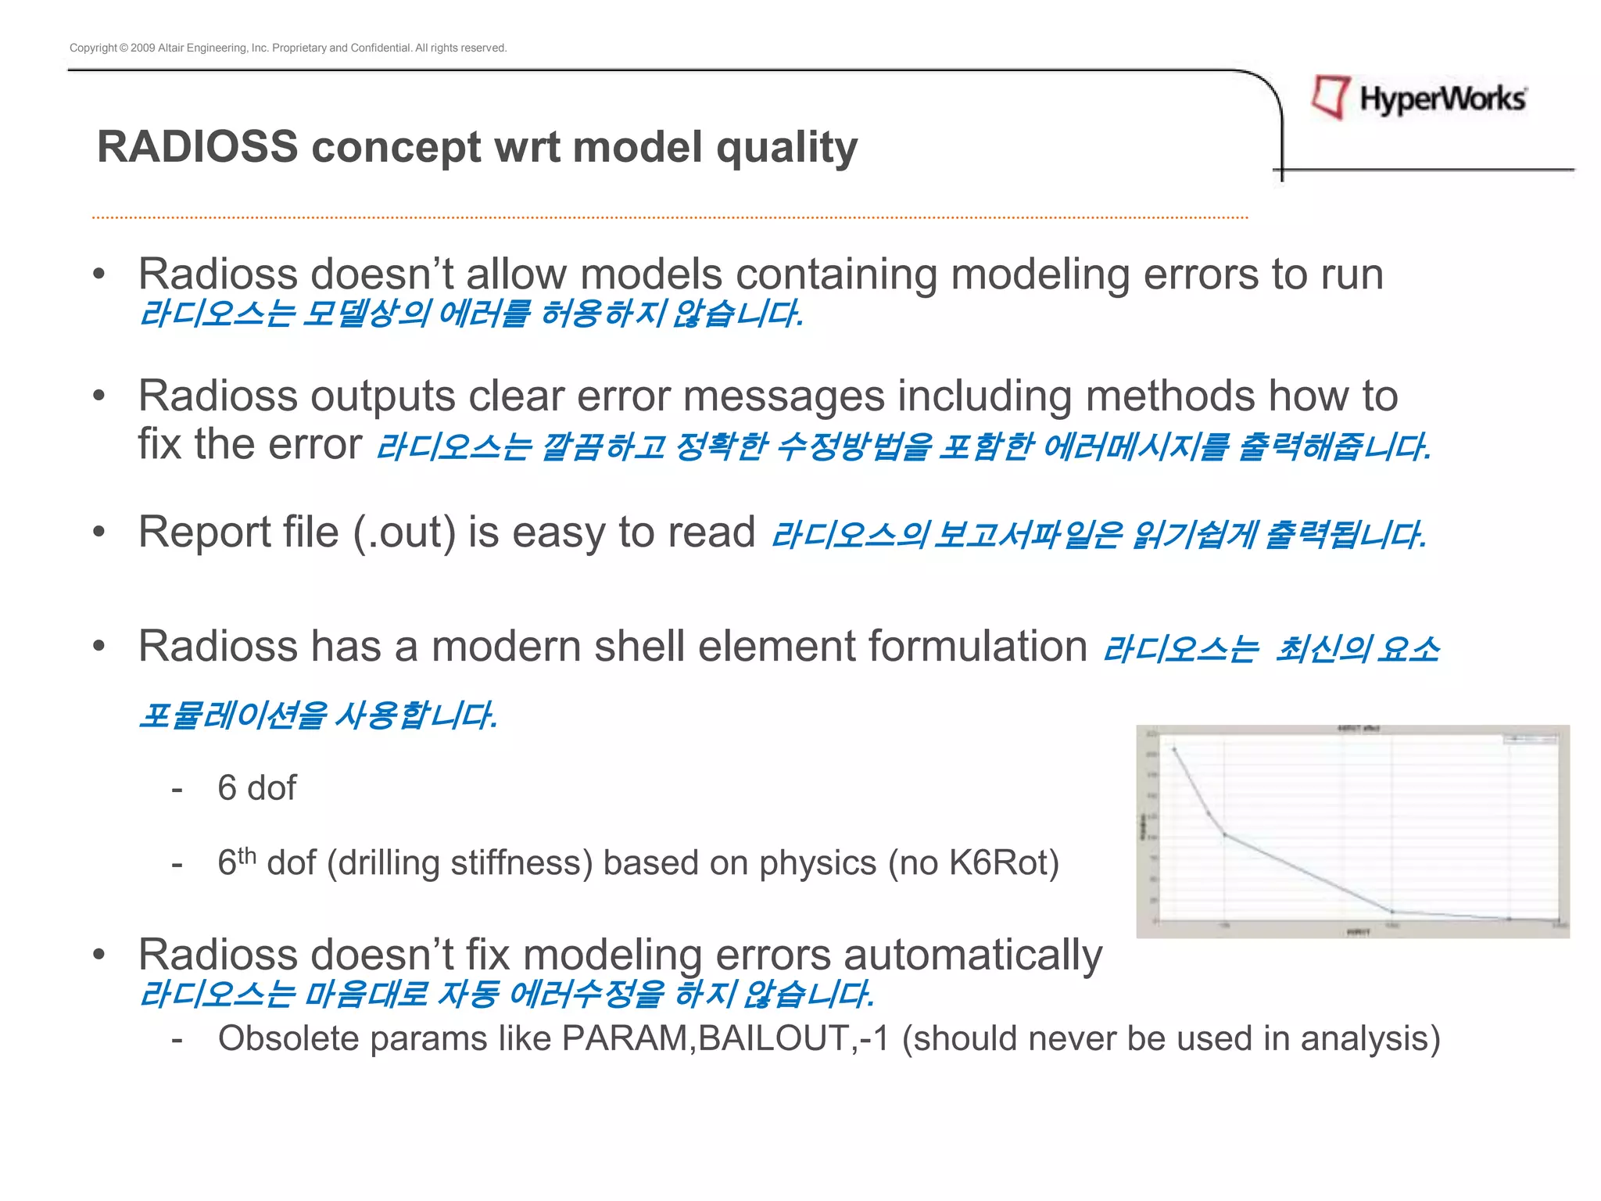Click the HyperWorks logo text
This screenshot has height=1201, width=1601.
(1442, 99)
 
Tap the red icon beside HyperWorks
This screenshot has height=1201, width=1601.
(1331, 97)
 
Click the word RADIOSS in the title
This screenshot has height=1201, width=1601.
(197, 147)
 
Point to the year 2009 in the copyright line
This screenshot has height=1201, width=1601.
(142, 48)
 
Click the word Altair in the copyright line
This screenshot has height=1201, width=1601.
(170, 48)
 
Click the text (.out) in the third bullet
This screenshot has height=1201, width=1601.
(404, 532)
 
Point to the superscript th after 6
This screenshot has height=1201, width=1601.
(246, 855)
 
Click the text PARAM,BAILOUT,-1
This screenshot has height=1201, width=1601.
(725, 1039)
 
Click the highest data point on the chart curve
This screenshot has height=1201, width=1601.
(1174, 749)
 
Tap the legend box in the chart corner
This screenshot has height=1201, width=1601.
(1530, 738)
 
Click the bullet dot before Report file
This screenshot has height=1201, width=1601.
(98, 532)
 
